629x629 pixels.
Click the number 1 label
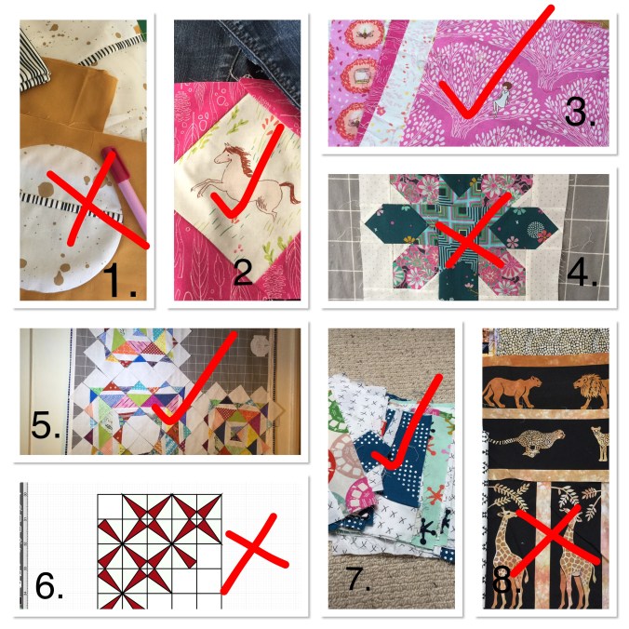click(x=119, y=280)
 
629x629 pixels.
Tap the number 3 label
click(x=580, y=111)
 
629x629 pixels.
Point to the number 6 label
click(x=49, y=585)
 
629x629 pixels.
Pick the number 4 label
click(x=582, y=272)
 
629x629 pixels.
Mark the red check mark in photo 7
click(x=408, y=423)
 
